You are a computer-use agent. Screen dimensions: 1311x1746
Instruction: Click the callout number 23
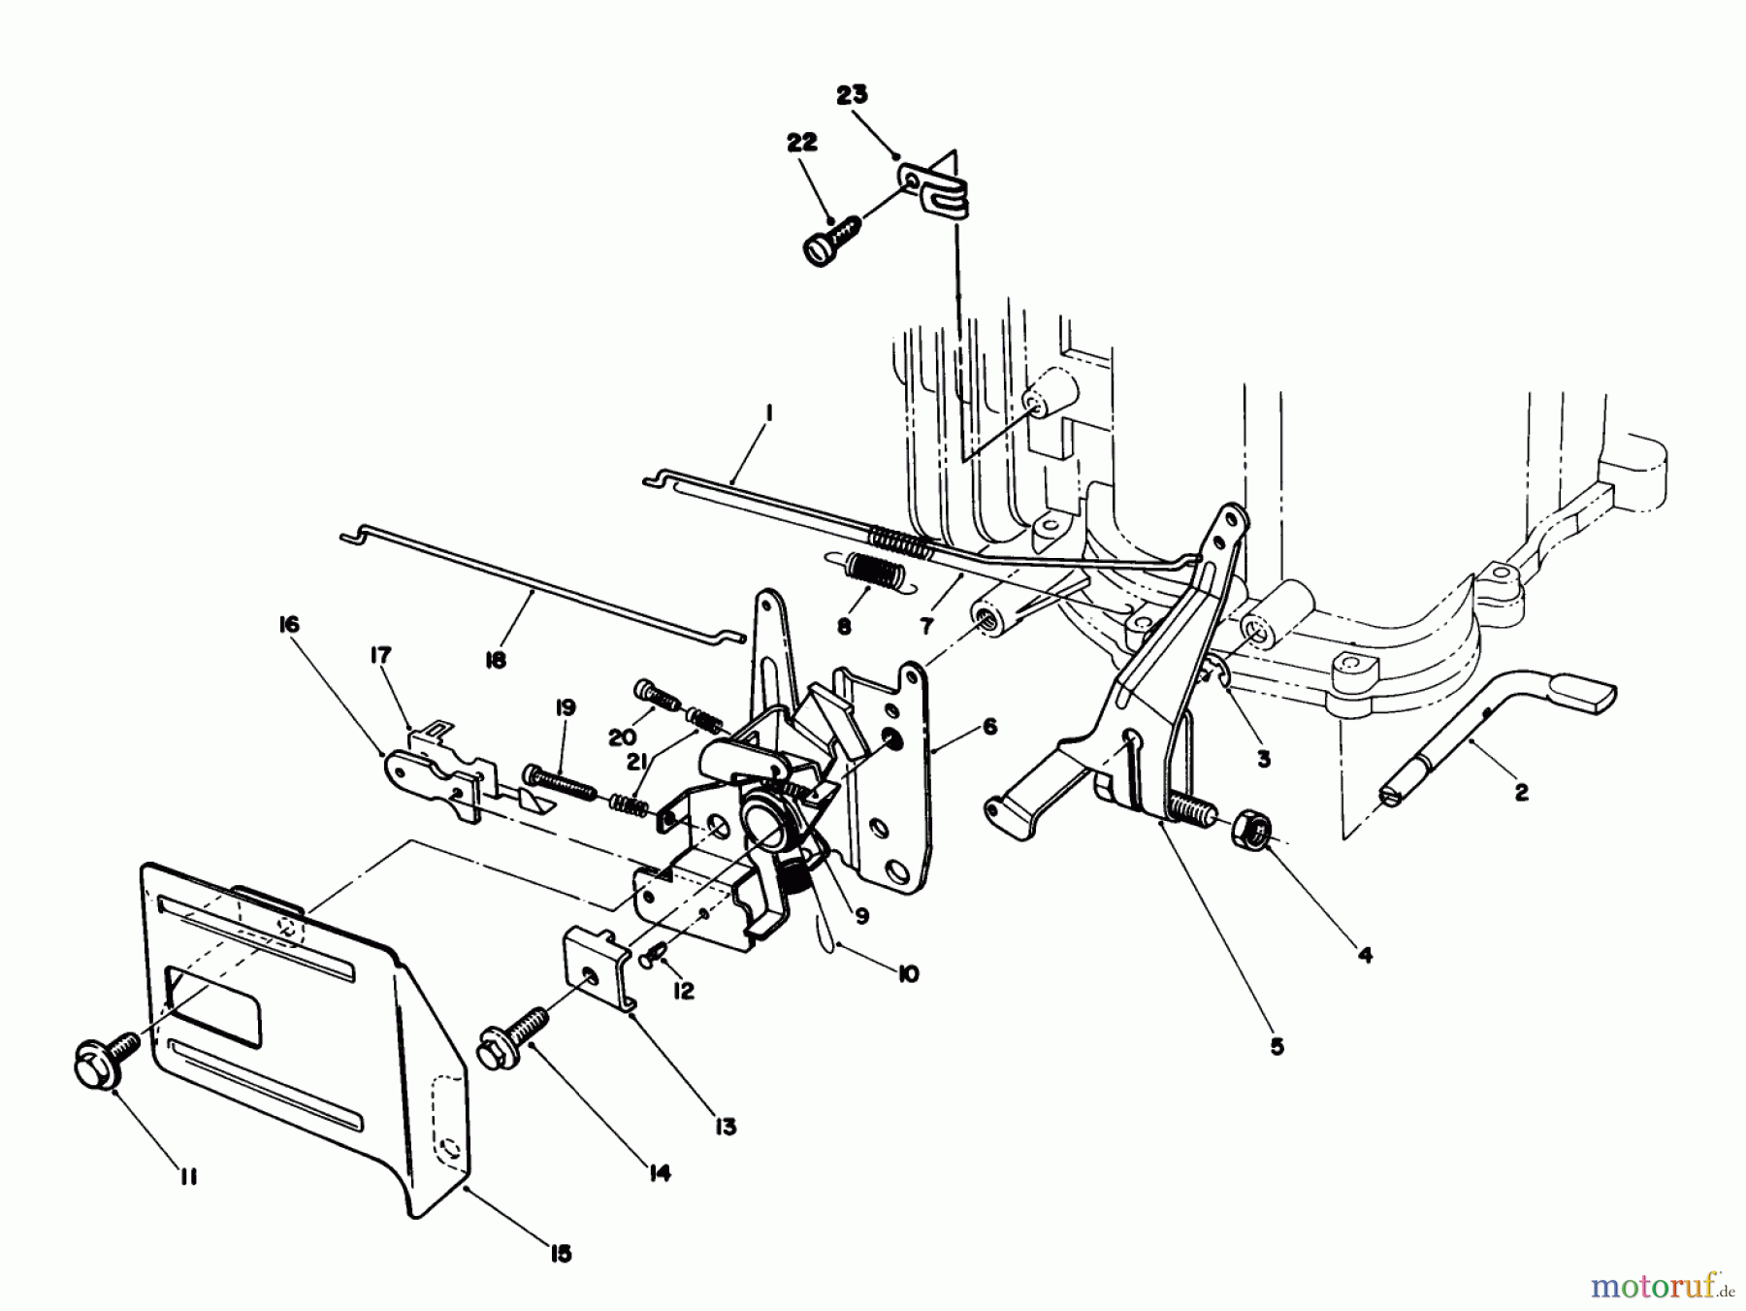[x=852, y=95]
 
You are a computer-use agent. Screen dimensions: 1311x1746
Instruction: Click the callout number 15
[x=561, y=1253]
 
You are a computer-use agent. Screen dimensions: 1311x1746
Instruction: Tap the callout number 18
[x=495, y=661]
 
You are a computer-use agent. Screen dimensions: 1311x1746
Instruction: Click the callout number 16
[x=289, y=624]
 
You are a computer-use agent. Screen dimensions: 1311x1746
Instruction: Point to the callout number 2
[x=1521, y=793]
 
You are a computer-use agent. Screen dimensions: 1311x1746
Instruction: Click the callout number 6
[x=989, y=726]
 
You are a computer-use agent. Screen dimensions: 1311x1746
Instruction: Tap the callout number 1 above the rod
[x=767, y=413]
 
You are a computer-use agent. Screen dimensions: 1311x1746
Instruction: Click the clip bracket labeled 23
[x=936, y=189]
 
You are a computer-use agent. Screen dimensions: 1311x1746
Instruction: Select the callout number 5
[x=1277, y=1046]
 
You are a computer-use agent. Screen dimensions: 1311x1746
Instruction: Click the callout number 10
[x=909, y=973]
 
